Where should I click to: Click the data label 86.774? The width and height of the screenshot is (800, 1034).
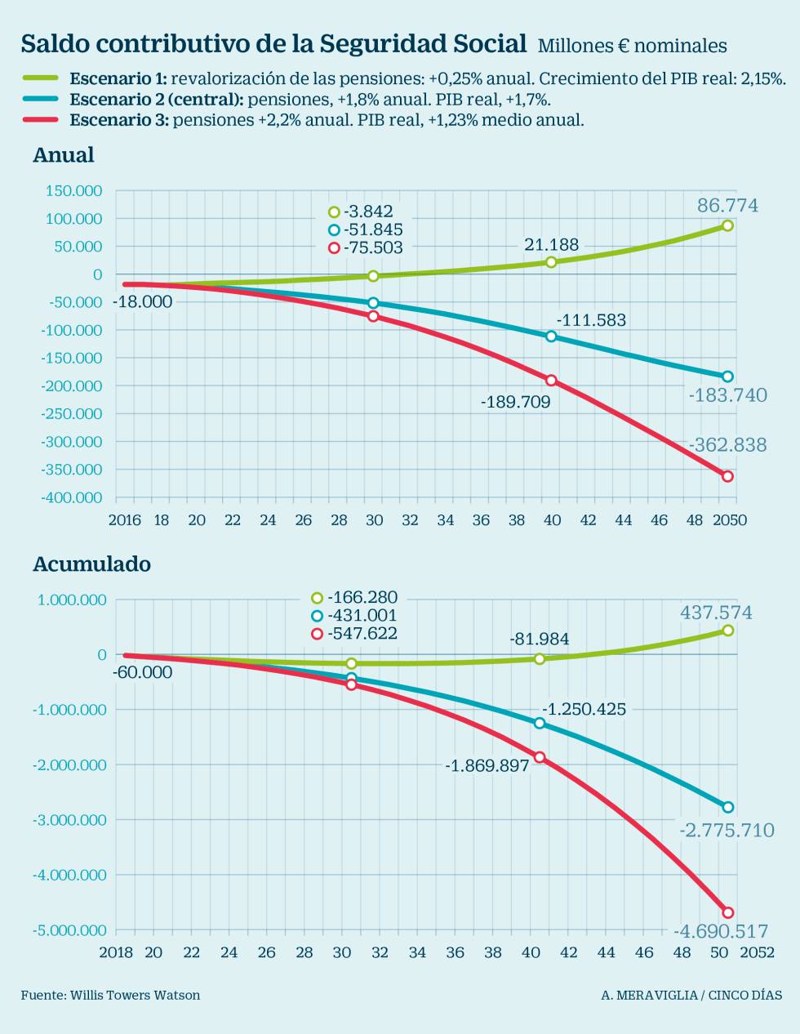click(x=727, y=206)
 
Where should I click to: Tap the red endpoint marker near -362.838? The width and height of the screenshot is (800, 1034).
click(x=727, y=476)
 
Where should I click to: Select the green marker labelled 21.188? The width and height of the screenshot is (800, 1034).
click(x=551, y=262)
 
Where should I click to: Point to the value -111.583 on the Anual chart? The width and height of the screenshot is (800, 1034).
click(x=591, y=320)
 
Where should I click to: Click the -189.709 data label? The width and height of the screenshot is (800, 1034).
click(x=515, y=402)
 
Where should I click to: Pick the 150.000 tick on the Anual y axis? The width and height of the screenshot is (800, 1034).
click(x=73, y=191)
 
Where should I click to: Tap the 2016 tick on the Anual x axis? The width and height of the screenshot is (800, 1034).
click(x=125, y=520)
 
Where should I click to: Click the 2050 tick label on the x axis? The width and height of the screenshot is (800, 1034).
click(x=730, y=520)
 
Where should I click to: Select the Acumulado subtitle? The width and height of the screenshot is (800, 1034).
click(x=91, y=564)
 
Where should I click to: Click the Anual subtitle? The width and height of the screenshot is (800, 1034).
click(x=64, y=155)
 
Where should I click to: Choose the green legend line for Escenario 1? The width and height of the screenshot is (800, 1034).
click(x=40, y=78)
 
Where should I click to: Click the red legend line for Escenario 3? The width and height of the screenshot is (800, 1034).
click(x=40, y=119)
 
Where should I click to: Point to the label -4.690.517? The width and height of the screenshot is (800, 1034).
click(x=721, y=931)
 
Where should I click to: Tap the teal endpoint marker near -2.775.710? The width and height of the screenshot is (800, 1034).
click(x=727, y=807)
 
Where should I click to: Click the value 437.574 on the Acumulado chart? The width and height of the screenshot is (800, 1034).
click(x=716, y=613)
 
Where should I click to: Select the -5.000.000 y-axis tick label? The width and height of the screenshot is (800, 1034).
click(x=69, y=930)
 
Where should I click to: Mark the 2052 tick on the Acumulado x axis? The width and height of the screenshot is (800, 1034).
click(x=757, y=952)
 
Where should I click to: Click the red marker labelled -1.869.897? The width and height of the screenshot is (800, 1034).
click(x=540, y=757)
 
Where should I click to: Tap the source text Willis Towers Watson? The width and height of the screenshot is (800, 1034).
click(x=135, y=995)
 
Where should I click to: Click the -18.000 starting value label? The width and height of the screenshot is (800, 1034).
click(x=142, y=302)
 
